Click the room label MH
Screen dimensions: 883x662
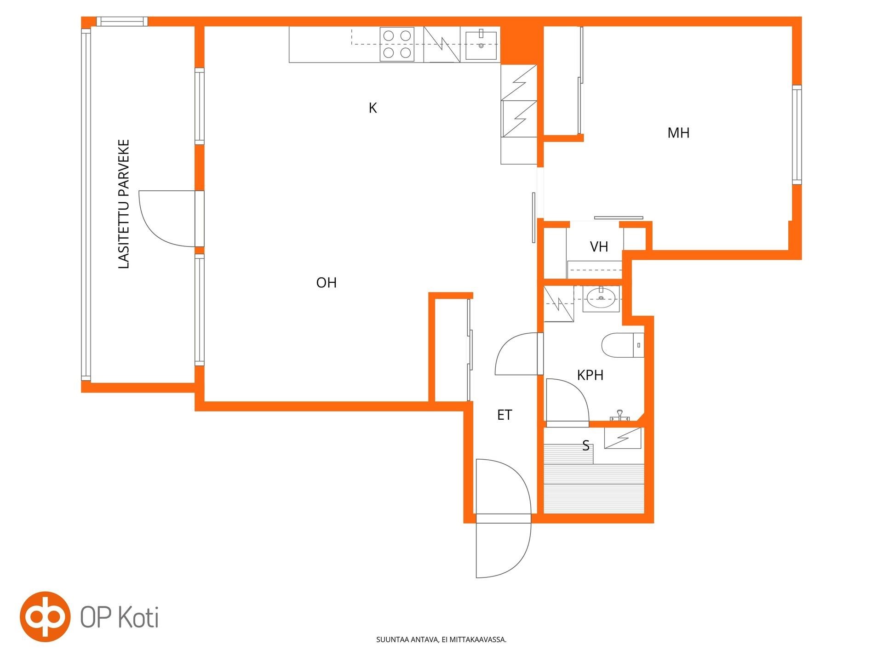(678, 133)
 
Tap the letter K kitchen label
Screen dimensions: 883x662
(373, 108)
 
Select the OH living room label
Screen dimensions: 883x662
(327, 282)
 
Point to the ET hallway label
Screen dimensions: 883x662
(505, 415)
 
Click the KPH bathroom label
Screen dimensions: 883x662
(590, 375)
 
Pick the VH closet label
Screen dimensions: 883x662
(599, 247)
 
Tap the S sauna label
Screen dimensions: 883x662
(586, 445)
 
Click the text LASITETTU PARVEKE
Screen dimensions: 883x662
(124, 204)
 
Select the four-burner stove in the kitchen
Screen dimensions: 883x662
(397, 44)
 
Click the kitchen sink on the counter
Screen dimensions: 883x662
(481, 45)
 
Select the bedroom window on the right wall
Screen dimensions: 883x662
(797, 135)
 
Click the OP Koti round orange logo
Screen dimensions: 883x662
(45, 616)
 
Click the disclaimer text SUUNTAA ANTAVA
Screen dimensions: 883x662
(407, 639)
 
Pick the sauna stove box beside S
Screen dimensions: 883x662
(623, 439)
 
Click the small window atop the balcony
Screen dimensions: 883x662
(122, 22)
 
